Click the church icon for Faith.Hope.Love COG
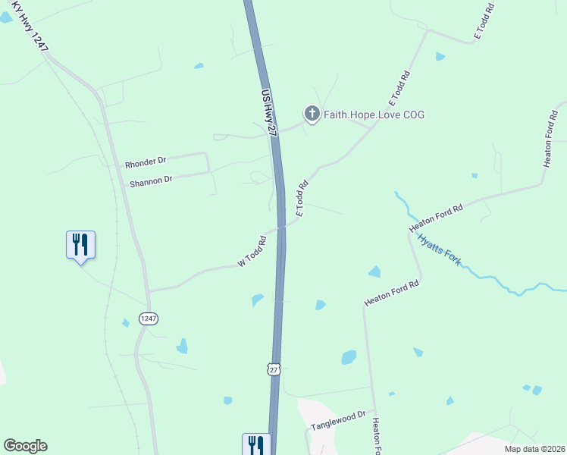[311, 114]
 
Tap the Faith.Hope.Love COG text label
[374, 115]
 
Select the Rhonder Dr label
[146, 162]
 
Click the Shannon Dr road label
[151, 180]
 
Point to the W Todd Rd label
[252, 252]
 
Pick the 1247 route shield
[148, 318]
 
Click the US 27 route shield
[274, 369]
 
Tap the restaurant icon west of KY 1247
[80, 245]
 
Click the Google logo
[25, 446]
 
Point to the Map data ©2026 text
[534, 449]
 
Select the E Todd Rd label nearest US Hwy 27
[301, 199]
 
